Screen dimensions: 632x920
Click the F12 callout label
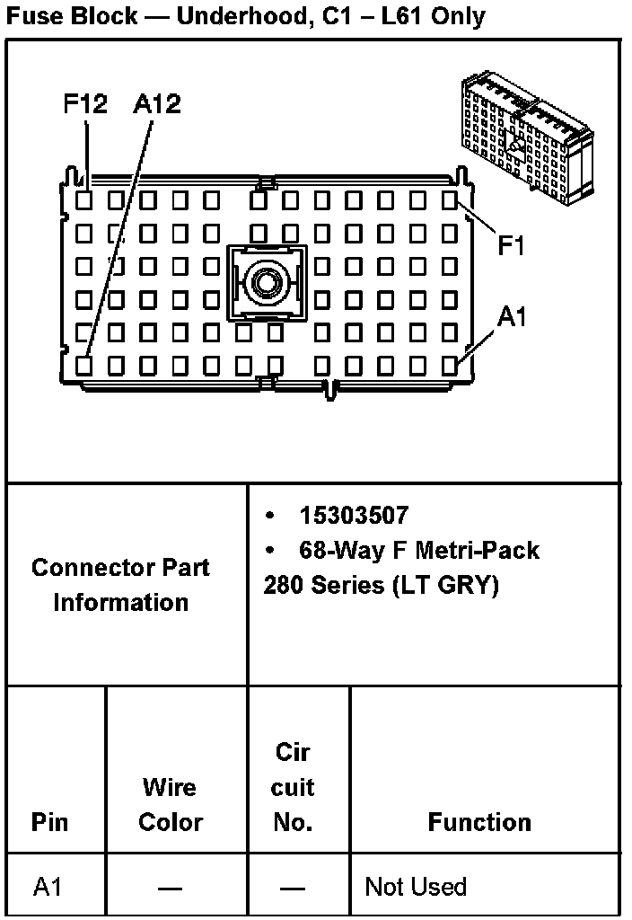[85, 104]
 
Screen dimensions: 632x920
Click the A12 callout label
[156, 104]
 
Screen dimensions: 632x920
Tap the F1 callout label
[511, 245]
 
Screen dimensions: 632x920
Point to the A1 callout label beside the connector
[512, 317]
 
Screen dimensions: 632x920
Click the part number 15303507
[354, 516]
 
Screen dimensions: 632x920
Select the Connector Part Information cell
[120, 585]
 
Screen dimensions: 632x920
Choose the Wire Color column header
[170, 804]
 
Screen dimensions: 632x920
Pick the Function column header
[479, 822]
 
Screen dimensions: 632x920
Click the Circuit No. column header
[293, 787]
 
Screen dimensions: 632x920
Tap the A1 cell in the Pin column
[49, 887]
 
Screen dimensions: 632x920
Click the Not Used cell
[416, 887]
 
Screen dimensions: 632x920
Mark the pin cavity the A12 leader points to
[83, 366]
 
